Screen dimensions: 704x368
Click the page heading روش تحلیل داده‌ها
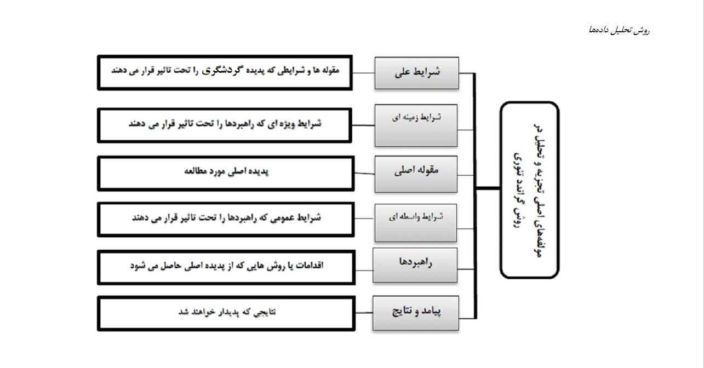click(x=619, y=31)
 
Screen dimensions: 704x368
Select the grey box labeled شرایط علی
click(x=416, y=73)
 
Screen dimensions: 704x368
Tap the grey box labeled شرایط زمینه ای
click(x=416, y=125)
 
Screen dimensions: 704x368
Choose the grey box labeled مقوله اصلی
click(x=416, y=174)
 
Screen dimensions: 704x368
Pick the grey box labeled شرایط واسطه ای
click(x=415, y=223)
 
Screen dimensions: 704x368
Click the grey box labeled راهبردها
click(x=415, y=265)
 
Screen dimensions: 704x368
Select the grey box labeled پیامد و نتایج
click(x=415, y=313)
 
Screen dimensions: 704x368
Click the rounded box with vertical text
click(x=530, y=190)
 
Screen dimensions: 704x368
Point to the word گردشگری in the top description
click(x=221, y=70)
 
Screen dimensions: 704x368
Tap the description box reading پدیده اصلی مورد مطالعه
click(x=226, y=174)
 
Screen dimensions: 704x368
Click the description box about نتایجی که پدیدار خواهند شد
click(x=226, y=313)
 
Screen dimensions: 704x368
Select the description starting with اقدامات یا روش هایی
click(x=226, y=267)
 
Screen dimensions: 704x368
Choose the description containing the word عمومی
click(x=226, y=220)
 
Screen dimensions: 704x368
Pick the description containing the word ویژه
click(x=225, y=125)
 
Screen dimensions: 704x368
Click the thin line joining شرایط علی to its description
click(x=363, y=73)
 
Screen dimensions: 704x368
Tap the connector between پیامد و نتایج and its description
click(x=364, y=312)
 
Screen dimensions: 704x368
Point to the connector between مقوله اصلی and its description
click(x=364, y=173)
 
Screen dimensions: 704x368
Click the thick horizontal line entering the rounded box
click(x=488, y=188)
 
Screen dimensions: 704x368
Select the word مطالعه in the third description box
click(x=195, y=171)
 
